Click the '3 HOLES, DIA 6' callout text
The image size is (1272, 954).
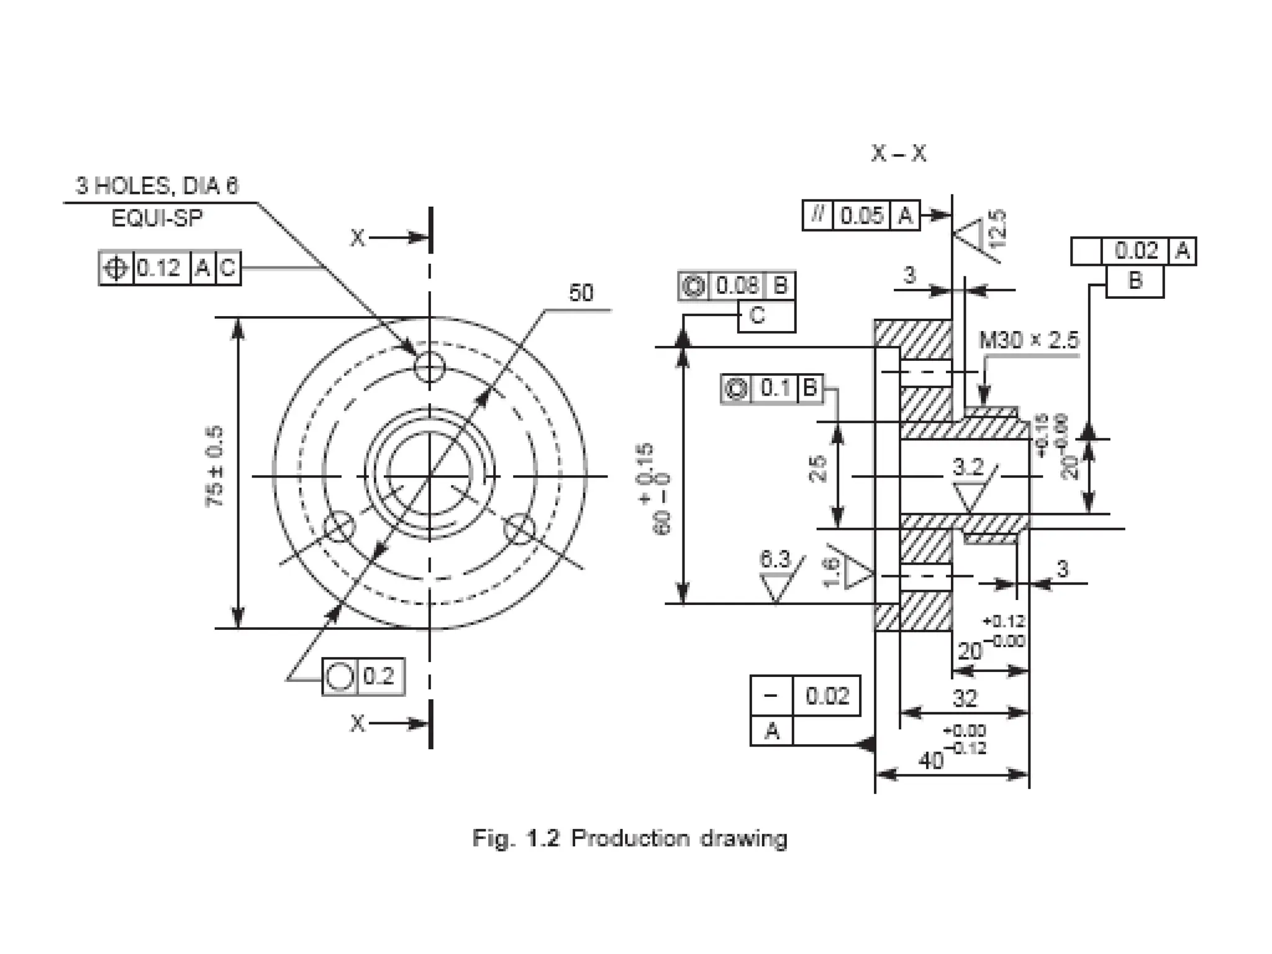(157, 186)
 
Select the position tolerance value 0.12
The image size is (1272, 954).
(158, 268)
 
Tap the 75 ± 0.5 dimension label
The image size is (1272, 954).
(215, 466)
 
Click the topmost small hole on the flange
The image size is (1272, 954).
(429, 369)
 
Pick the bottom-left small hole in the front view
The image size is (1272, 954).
(340, 529)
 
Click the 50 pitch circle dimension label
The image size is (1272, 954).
(581, 293)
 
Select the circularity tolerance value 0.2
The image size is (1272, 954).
(379, 676)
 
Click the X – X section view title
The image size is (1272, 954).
(898, 153)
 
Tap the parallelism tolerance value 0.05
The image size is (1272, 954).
(861, 216)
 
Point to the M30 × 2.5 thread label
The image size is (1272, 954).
(1029, 340)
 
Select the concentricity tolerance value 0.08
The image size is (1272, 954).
(737, 286)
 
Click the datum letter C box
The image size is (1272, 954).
(757, 316)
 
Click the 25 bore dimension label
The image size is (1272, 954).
(818, 469)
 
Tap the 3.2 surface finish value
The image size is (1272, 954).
(968, 466)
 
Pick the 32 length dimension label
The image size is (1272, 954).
(965, 699)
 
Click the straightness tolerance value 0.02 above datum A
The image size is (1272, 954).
(827, 696)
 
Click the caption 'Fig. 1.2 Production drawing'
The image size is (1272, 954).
(629, 838)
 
